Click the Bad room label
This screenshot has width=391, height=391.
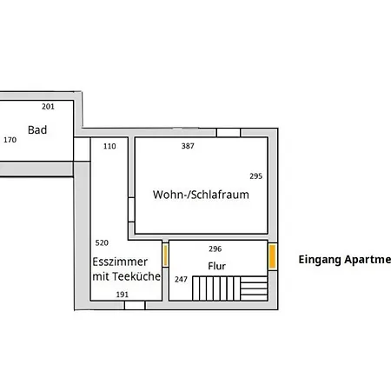point(36,130)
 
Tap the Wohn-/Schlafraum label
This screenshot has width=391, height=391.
point(201,195)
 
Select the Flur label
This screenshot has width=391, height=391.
point(216,265)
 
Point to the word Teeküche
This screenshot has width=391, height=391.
point(136,276)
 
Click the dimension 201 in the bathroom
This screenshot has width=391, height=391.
point(48,106)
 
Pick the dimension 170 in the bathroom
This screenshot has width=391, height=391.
point(10,139)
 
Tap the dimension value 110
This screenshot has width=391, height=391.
point(109,146)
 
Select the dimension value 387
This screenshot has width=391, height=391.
point(188,146)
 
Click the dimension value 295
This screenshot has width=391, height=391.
point(255,176)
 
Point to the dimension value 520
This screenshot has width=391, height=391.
point(102,242)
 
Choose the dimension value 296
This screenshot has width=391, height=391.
point(215,249)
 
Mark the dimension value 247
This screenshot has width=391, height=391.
point(181,279)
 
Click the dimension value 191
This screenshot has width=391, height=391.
point(123,295)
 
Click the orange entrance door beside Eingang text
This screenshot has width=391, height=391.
point(272,257)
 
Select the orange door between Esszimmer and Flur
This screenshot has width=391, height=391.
point(165,256)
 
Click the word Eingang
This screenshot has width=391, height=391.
point(320,259)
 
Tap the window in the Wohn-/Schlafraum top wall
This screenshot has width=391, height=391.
point(229,132)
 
